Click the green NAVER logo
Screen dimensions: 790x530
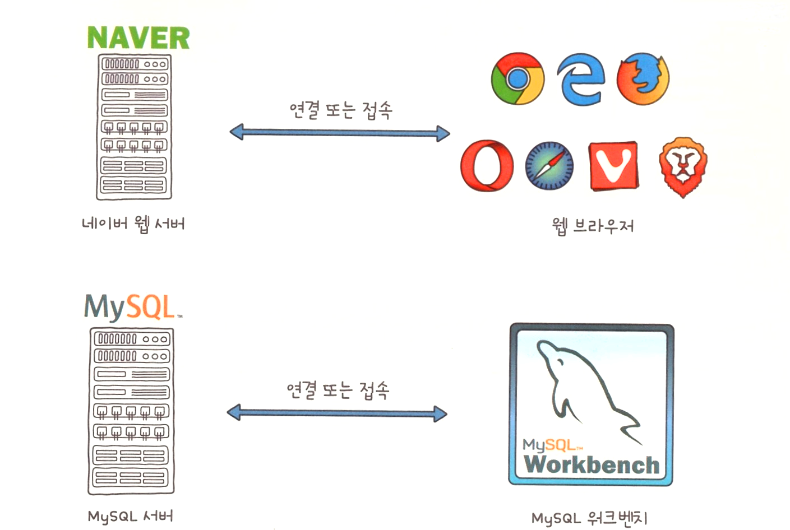(x=138, y=38)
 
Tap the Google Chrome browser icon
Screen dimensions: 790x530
(x=517, y=79)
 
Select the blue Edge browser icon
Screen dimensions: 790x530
(x=580, y=79)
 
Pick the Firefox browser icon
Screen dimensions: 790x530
(x=643, y=79)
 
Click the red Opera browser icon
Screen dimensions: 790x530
(x=487, y=166)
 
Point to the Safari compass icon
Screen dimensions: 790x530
(x=549, y=166)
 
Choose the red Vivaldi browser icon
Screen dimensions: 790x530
(x=613, y=166)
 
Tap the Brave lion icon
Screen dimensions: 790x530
(x=682, y=166)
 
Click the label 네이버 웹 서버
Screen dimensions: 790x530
(x=133, y=224)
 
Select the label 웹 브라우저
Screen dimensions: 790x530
(x=593, y=226)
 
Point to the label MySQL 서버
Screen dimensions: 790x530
(x=130, y=516)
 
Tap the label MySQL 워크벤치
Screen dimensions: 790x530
(x=590, y=518)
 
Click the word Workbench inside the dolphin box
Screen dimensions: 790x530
(x=592, y=464)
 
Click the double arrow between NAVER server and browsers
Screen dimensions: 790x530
(x=340, y=133)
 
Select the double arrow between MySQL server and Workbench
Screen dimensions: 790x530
(x=337, y=413)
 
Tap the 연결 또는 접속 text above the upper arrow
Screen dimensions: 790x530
(x=340, y=109)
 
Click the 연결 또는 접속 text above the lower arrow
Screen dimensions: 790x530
(x=338, y=389)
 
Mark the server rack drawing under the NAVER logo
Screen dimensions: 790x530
(x=134, y=127)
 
